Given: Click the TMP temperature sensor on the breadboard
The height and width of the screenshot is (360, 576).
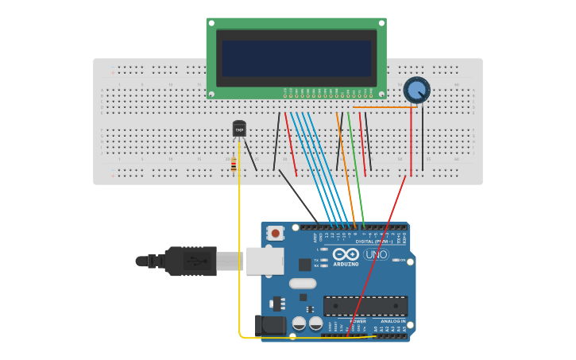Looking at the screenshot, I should click(x=239, y=129).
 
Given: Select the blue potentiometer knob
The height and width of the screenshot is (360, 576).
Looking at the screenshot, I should click(x=416, y=89).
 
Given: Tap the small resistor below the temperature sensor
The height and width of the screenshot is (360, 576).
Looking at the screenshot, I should click(x=234, y=165).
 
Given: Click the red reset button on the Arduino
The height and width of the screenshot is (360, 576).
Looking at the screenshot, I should click(x=275, y=233).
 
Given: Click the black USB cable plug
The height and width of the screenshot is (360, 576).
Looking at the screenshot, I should click(x=191, y=261).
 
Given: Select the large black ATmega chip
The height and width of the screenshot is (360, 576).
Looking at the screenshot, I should click(x=365, y=306).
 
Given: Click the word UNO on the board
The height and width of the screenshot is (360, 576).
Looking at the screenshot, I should click(x=376, y=255).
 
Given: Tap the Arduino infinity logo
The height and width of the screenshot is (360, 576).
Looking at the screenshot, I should click(x=346, y=254).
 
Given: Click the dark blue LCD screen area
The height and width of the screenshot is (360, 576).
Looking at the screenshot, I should click(x=296, y=58).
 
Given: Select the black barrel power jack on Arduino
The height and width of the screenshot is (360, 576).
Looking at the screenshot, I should click(x=269, y=324).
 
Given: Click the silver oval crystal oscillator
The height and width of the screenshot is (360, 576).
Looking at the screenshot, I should click(x=303, y=284).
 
